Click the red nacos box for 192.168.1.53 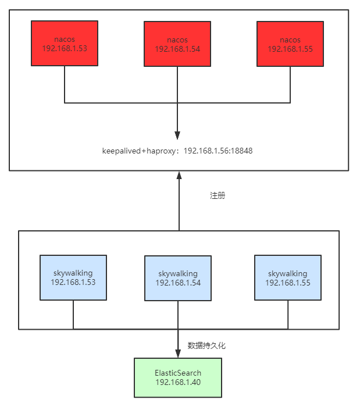(65, 44)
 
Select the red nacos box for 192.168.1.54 (177, 44)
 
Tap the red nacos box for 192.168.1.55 (290, 44)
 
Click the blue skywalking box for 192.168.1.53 (73, 277)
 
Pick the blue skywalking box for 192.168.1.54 (177, 278)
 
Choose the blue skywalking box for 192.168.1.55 (288, 277)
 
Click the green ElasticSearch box (177, 377)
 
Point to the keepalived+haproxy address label (177, 150)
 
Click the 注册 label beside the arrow (217, 195)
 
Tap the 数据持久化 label (206, 345)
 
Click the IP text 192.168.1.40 (177, 383)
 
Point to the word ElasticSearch (177, 373)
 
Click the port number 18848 (240, 150)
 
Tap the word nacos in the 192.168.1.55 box (290, 40)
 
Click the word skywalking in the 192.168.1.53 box (73, 273)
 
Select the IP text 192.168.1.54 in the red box (177, 49)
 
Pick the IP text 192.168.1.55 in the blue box (288, 282)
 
